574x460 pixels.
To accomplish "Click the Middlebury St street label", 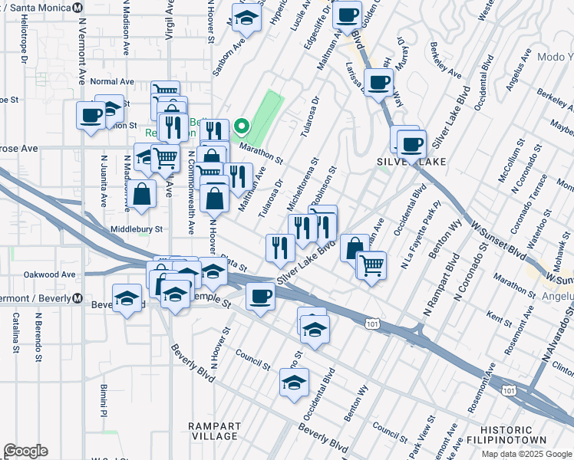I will pyautogui.click(x=137, y=228).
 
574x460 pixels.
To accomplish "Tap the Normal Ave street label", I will pyautogui.click(x=111, y=81).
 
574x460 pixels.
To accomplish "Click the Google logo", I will pyautogui.click(x=25, y=450).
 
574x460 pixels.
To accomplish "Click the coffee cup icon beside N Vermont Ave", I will pyautogui.click(x=91, y=116).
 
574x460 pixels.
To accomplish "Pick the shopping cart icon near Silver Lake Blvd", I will pyautogui.click(x=371, y=265).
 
